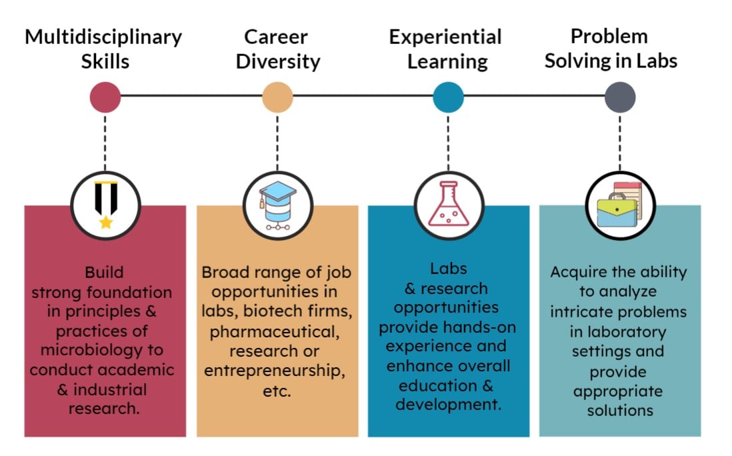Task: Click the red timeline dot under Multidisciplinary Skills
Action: [x=105, y=97]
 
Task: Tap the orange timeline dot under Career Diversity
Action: [x=277, y=97]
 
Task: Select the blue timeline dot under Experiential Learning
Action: [x=448, y=97]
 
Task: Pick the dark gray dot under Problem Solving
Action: [x=620, y=97]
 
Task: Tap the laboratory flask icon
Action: [x=449, y=204]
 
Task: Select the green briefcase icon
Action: [x=617, y=211]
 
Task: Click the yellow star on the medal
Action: [x=106, y=222]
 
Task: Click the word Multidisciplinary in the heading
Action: [x=103, y=37]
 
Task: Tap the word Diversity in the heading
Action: [x=278, y=61]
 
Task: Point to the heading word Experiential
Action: [x=445, y=37]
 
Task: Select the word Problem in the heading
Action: [x=609, y=36]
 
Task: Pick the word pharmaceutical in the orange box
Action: [x=275, y=332]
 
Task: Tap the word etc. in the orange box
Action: [x=277, y=391]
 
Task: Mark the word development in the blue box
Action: [x=448, y=404]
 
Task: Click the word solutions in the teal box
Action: [x=620, y=410]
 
